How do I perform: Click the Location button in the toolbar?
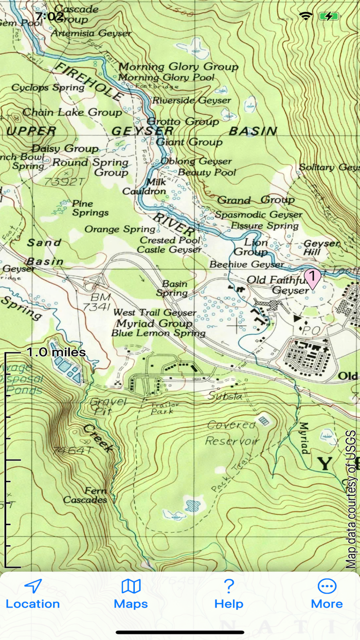(33, 594)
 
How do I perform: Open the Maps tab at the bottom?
(131, 594)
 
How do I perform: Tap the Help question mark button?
(229, 594)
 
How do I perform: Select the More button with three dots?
(327, 594)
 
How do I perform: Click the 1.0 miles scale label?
(56, 352)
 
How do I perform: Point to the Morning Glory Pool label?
(166, 78)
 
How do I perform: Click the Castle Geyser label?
(169, 250)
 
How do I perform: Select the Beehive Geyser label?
(246, 264)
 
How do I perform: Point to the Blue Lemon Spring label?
(158, 333)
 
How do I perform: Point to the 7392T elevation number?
(64, 182)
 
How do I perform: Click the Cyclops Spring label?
(48, 87)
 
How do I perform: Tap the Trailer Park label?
(164, 407)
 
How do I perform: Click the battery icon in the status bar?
(329, 16)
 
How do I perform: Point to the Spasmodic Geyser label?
(259, 215)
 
